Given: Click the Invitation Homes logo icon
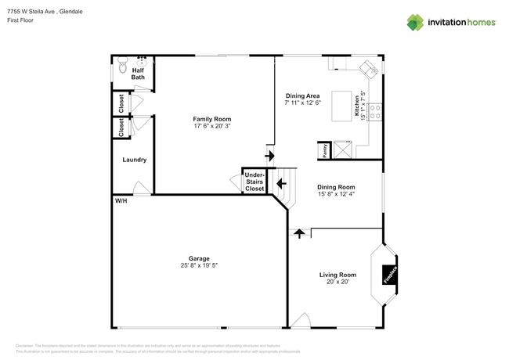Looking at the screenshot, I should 415,22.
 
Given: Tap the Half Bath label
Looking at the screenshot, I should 138,74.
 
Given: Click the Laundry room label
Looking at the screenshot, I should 135,160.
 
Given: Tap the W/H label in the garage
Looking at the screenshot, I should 121,201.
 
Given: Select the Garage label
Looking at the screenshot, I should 198,257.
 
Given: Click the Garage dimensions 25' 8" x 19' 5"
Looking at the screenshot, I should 198,265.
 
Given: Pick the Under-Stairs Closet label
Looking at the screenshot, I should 254,182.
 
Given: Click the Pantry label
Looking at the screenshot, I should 325,150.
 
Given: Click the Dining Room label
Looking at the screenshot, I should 336,187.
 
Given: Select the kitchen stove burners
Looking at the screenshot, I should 374,112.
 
